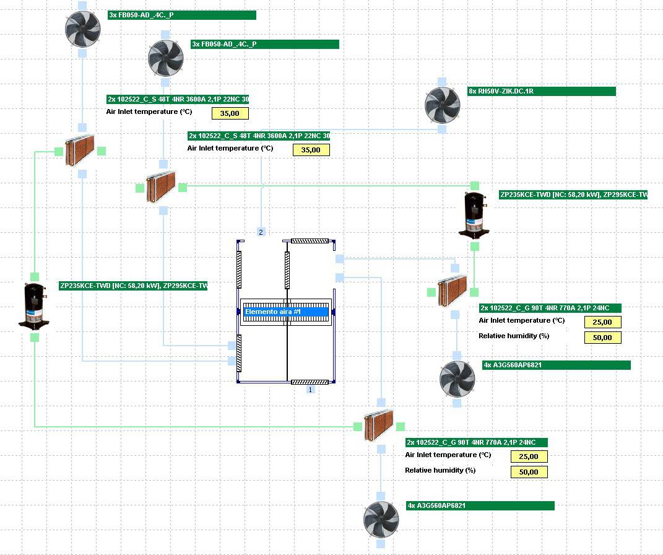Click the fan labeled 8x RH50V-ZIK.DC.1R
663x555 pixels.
(442, 105)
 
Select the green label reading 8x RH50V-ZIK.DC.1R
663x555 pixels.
(542, 92)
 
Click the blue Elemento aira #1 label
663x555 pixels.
(285, 312)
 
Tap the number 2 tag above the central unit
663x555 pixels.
(261, 232)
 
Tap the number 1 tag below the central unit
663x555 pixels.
(311, 390)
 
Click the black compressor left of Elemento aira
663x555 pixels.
(35, 306)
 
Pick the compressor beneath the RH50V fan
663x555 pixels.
(475, 214)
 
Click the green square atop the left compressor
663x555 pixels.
(35, 277)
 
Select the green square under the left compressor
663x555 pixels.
(35, 337)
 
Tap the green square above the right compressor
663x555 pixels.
(475, 185)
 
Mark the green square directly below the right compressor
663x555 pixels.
(475, 247)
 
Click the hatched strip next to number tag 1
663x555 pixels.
(310, 382)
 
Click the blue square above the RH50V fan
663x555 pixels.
(442, 82)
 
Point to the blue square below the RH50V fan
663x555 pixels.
(442, 129)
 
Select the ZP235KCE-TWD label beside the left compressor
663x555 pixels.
(133, 286)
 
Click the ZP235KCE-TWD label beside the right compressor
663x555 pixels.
(573, 194)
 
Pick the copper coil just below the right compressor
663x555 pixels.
(453, 291)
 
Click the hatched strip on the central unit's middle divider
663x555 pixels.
(287, 270)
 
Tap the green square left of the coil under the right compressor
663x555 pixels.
(431, 292)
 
